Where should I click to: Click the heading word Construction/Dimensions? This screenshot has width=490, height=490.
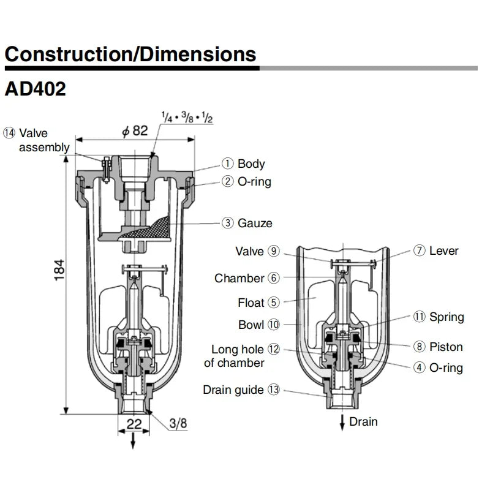130,55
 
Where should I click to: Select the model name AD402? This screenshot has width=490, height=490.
36,89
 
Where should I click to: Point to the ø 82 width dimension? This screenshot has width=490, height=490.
135,130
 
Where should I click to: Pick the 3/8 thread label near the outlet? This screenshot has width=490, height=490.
178,423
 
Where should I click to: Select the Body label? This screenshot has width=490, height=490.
251,164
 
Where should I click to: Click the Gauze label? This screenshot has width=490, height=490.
255,224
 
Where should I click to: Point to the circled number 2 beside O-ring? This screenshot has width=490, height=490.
228,182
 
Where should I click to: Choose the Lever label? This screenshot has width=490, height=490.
443,251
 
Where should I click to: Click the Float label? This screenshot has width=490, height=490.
251,303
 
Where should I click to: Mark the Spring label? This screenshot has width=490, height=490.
447,317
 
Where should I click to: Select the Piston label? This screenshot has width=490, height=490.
447,347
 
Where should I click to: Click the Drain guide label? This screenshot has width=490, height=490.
233,390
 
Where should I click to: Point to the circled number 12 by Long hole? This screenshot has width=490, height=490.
273,349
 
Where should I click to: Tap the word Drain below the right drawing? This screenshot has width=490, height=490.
363,421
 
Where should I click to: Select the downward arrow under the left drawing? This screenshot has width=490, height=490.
132,442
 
